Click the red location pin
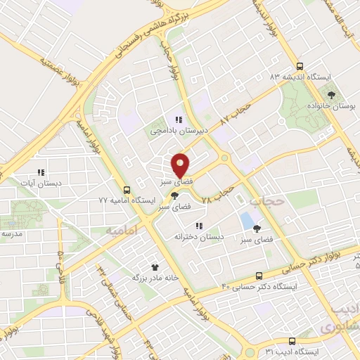pyautogui.click(x=181, y=165)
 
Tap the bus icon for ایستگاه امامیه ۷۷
pyautogui.click(x=127, y=190)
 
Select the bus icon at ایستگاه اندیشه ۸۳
pyautogui.click(x=300, y=65)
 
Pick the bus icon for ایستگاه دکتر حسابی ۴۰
pyautogui.click(x=259, y=276)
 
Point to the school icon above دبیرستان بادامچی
pyautogui.click(x=179, y=119)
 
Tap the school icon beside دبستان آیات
pyautogui.click(x=41, y=172)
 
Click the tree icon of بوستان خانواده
pyautogui.click(x=331, y=94)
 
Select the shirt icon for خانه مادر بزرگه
pyautogui.click(x=155, y=266)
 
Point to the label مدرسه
pyautogui.click(x=13, y=233)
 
